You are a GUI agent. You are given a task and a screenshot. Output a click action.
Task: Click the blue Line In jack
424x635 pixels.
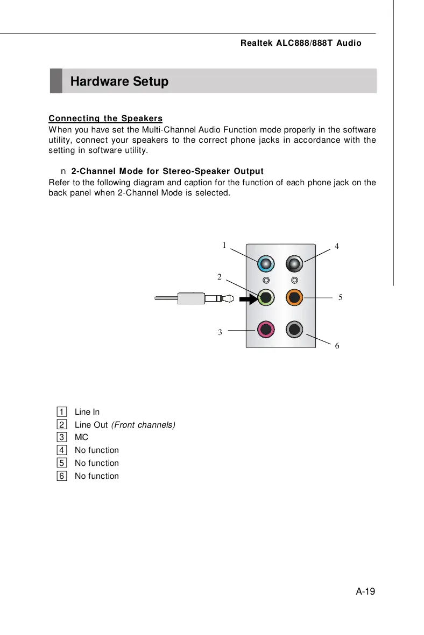coord(266,264)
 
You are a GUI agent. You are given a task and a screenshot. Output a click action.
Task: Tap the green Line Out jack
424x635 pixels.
coord(266,297)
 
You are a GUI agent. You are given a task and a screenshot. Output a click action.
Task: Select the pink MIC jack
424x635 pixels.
coord(266,329)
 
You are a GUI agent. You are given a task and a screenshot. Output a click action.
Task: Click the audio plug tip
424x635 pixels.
coord(230,297)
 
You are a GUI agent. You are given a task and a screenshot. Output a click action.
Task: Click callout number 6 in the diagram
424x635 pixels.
coord(337,346)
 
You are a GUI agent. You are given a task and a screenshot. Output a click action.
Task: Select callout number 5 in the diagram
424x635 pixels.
coord(341,297)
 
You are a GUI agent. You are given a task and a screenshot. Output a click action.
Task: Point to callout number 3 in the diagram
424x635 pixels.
coord(220,332)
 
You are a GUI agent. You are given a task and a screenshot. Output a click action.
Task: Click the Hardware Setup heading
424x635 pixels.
coord(119,82)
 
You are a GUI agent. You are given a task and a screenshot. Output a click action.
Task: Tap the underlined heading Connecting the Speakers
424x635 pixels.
coord(105,118)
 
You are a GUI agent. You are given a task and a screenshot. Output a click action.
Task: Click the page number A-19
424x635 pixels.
coord(365,591)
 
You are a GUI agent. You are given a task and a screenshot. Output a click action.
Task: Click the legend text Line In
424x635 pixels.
coord(87,412)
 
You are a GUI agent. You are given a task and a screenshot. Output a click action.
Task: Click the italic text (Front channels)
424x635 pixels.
coord(143,425)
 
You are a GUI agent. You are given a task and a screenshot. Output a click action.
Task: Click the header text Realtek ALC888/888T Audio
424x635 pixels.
coord(301,43)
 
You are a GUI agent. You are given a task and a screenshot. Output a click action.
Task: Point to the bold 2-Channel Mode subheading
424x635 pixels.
coord(167,171)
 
